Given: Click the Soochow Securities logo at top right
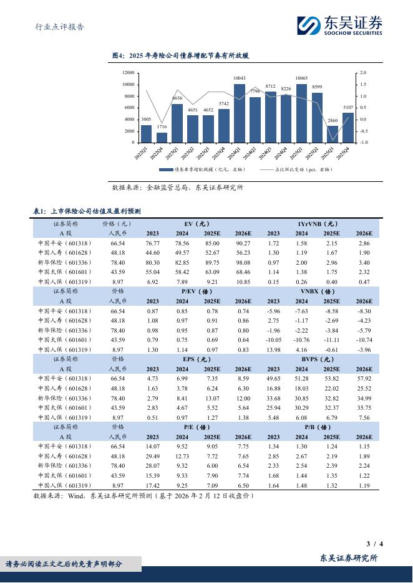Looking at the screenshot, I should tap(339, 26).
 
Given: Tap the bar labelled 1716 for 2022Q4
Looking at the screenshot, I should tap(162, 137).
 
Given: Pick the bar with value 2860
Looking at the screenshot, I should tap(333, 134).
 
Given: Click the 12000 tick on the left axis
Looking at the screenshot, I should tap(128, 73).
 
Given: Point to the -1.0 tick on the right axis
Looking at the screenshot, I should tap(363, 143).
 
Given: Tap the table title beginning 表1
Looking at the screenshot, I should tap(87, 211).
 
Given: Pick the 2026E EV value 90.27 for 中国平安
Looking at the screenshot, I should tap(243, 243).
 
